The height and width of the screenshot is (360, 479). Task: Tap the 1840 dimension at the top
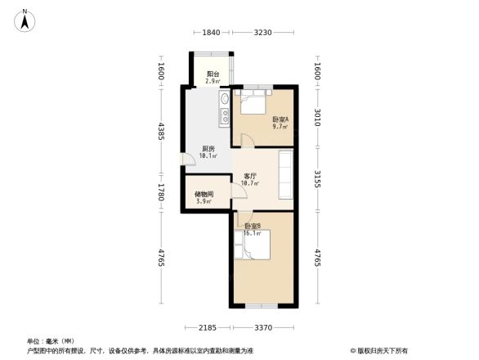[x=211, y=32]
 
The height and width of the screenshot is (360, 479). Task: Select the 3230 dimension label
[x=262, y=32]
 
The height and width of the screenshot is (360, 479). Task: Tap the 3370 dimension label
[x=262, y=328]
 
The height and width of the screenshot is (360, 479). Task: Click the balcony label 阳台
[x=212, y=74]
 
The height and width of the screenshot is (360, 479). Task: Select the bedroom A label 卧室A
[x=280, y=119]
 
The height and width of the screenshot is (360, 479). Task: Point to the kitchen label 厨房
[x=208, y=148]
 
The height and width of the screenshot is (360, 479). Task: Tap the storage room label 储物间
[x=204, y=195]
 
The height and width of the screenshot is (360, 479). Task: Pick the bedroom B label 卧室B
[x=252, y=226]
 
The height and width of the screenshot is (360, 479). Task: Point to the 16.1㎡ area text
[x=252, y=233]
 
